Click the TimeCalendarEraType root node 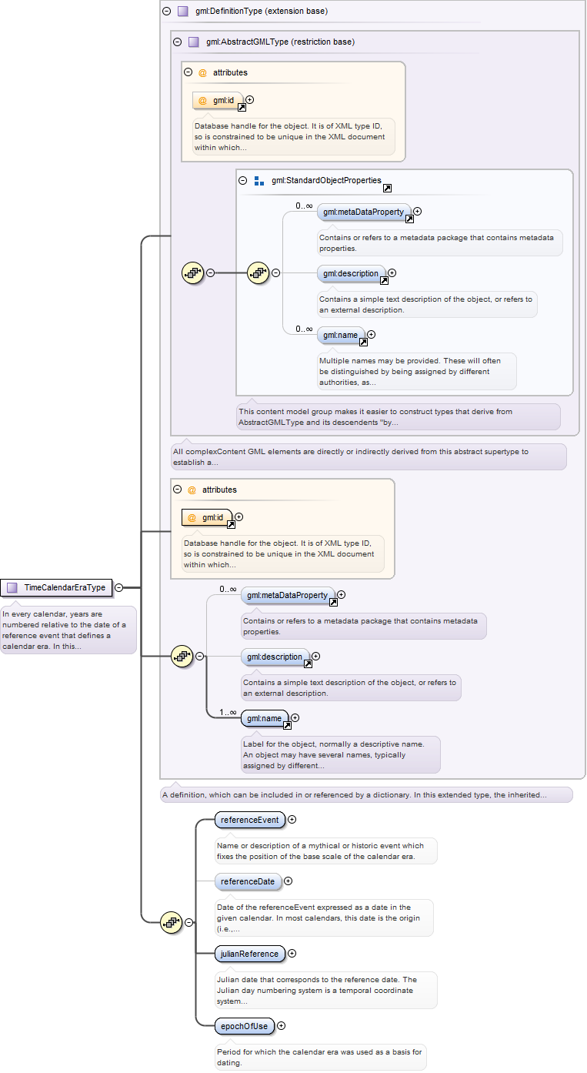(x=56, y=587)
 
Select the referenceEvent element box (x=250, y=820)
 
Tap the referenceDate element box (x=248, y=881)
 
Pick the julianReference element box (x=250, y=954)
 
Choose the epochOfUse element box (x=245, y=1026)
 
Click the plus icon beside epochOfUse (x=282, y=1025)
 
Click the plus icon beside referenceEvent (x=292, y=820)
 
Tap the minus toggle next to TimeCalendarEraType (x=119, y=587)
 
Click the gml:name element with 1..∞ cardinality (x=265, y=718)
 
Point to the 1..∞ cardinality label (x=228, y=712)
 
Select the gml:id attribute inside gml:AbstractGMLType (x=218, y=101)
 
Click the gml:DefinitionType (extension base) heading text (x=262, y=11)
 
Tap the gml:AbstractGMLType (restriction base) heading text (x=281, y=42)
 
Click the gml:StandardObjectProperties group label (x=326, y=180)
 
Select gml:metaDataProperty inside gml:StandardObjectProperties (x=364, y=212)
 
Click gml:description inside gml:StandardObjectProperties (x=352, y=273)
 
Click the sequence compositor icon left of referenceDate (x=172, y=922)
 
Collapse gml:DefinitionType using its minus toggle (x=167, y=11)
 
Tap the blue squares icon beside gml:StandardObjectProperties (x=259, y=181)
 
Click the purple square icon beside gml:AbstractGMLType (x=193, y=42)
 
